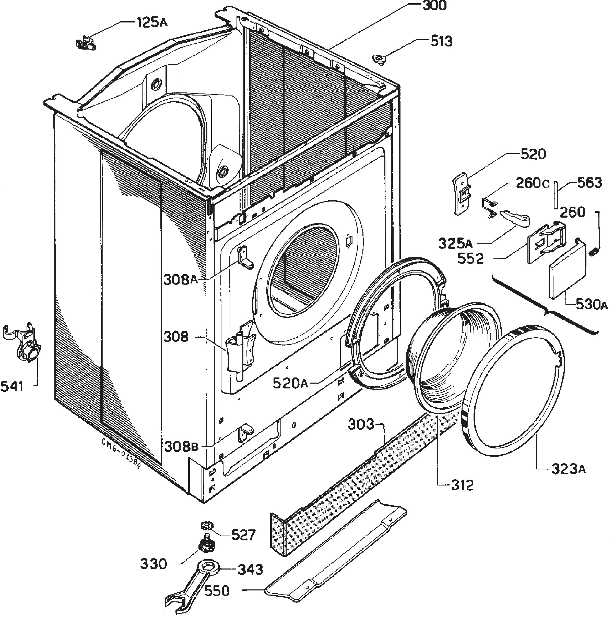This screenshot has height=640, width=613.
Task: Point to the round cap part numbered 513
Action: [379, 59]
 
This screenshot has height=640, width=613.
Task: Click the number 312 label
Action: [462, 485]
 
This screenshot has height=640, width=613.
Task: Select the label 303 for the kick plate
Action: [361, 424]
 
